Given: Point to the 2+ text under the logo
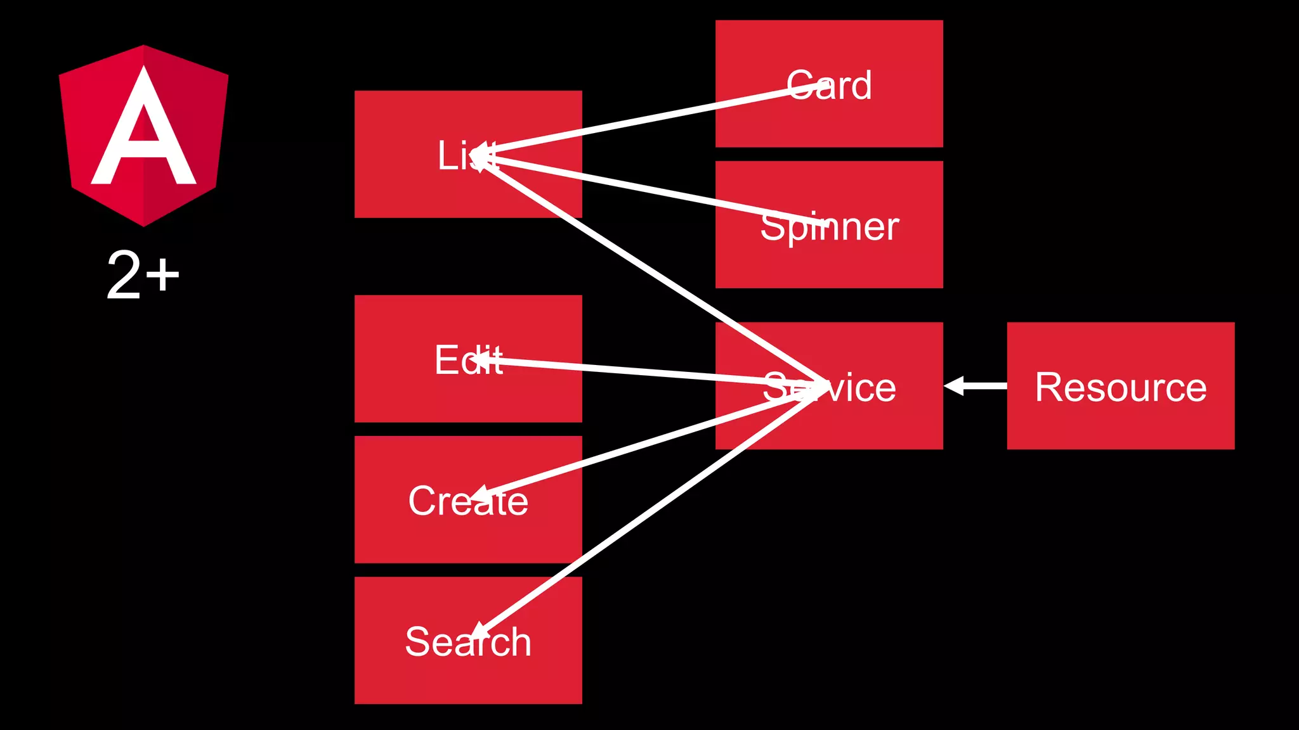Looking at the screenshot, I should (x=143, y=275).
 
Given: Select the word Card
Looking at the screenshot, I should (x=829, y=86).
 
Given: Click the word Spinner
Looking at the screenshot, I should (x=830, y=227).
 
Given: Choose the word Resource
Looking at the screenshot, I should (x=1121, y=387).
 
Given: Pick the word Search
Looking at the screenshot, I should (x=468, y=642).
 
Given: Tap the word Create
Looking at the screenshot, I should (x=468, y=501).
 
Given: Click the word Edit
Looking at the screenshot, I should (x=469, y=360).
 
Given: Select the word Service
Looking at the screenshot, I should (x=830, y=387).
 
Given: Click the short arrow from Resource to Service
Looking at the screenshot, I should (x=977, y=385).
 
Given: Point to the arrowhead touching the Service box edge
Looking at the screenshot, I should (x=953, y=385).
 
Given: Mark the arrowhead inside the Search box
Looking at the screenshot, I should (x=479, y=630).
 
